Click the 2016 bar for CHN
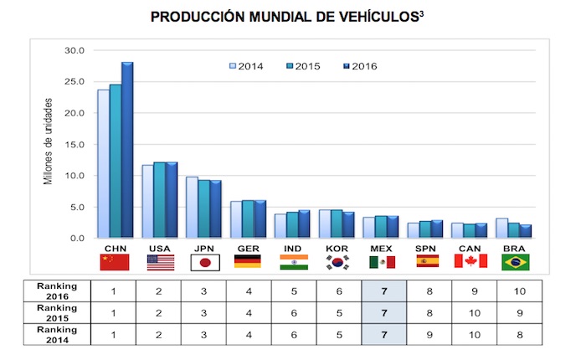(127, 151)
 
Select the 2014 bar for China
(103, 164)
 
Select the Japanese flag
(205, 262)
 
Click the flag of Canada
(470, 262)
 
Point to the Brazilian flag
(515, 262)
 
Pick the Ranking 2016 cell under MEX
(383, 291)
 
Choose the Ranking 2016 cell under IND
(294, 291)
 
